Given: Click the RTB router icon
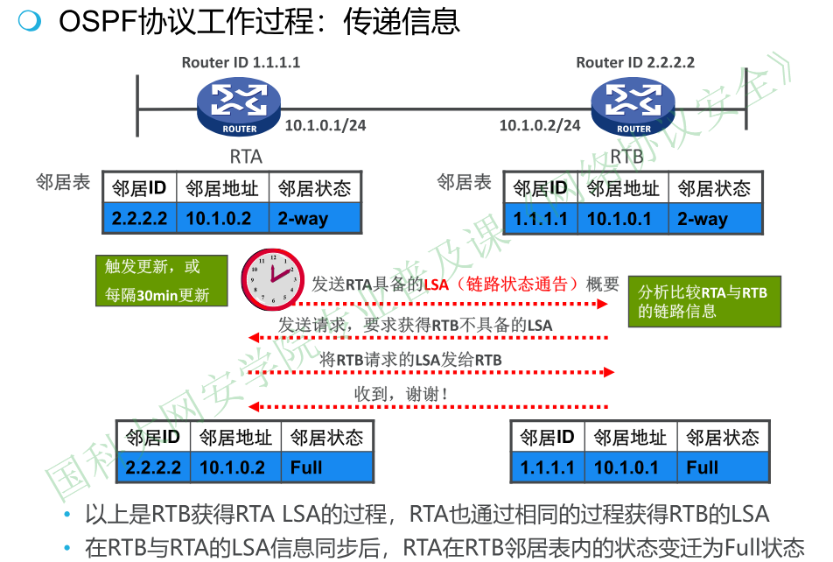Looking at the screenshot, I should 633,106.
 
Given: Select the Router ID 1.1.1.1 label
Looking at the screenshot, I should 241,62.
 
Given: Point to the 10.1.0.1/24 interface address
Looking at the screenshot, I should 325,125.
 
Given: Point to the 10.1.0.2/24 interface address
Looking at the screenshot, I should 540,125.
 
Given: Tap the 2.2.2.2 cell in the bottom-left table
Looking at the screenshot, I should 153,467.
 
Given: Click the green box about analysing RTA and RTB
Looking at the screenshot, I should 703,302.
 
